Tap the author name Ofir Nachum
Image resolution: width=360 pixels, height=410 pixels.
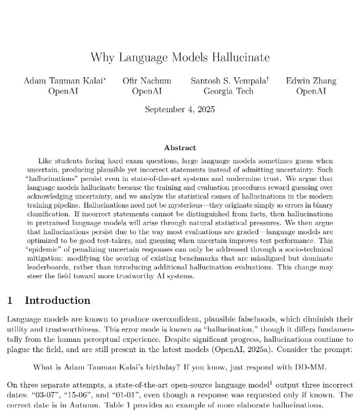146,81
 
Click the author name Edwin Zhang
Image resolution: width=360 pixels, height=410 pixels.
311,81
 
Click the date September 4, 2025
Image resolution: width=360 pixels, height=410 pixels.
180,109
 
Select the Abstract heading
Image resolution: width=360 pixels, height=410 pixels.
180,148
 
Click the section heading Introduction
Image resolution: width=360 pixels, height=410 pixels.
57,300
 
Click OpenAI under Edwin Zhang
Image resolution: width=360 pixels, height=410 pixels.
311,92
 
